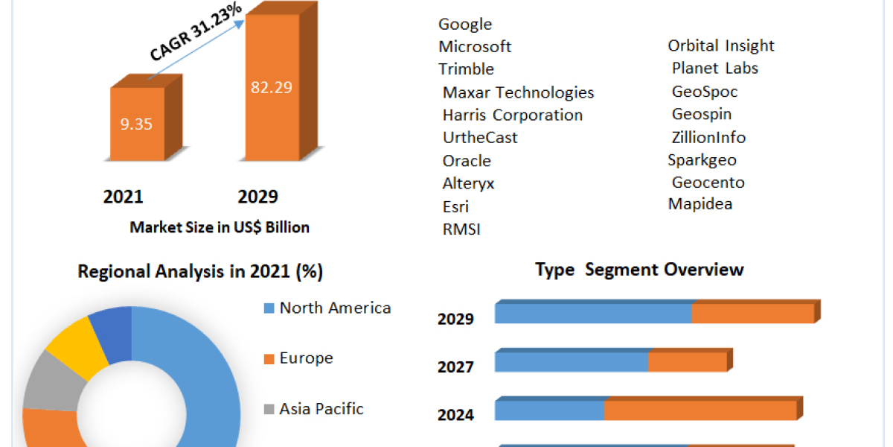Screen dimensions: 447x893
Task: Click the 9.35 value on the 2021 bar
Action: (x=136, y=124)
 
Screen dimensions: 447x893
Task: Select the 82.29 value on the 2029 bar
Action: (x=271, y=87)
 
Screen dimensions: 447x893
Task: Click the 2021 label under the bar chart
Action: (x=123, y=197)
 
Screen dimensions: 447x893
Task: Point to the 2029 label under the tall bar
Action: (x=257, y=197)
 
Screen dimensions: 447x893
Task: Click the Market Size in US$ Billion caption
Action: (x=220, y=227)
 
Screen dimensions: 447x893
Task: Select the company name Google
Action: (x=465, y=24)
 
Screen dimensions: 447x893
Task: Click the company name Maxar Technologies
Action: (x=518, y=92)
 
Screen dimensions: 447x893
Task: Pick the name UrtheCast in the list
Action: (x=480, y=138)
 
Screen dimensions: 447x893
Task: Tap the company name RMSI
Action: (x=461, y=229)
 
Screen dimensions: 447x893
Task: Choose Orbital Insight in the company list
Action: (x=720, y=45)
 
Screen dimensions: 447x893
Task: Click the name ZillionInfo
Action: (x=708, y=137)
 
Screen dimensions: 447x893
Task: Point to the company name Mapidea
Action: (x=700, y=204)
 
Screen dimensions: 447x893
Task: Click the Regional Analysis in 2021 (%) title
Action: (x=200, y=272)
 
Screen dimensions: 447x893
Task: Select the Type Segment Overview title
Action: (x=639, y=270)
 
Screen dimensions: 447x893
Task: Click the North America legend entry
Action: (x=334, y=308)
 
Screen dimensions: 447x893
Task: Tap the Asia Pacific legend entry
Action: (x=321, y=408)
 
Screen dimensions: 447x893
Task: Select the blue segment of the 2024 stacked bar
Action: (x=549, y=410)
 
